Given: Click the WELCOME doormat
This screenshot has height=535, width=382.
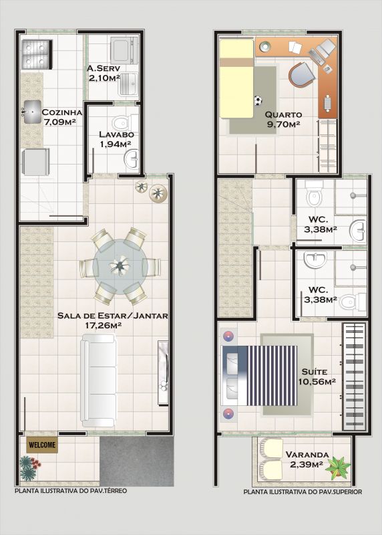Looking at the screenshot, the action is [42, 445].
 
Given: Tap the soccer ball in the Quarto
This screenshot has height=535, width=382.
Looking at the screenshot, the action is [258, 101].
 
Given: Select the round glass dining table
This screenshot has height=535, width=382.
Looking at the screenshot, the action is [120, 266].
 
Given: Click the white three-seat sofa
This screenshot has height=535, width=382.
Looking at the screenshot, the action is [98, 380].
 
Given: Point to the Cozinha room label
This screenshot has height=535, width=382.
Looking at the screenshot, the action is [61, 112].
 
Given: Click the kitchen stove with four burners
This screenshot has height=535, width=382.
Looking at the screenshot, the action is [37, 53].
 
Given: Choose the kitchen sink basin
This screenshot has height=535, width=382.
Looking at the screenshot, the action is [32, 112].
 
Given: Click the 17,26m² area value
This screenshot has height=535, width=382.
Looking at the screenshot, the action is [104, 325].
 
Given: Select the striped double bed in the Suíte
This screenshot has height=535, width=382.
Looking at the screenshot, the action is [259, 375].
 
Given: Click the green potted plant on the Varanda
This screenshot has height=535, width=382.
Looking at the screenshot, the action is [338, 466].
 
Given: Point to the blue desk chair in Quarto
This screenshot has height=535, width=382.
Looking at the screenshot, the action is [302, 75].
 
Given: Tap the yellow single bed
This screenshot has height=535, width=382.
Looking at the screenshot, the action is [237, 79].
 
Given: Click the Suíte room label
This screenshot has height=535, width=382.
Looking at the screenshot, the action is [314, 372].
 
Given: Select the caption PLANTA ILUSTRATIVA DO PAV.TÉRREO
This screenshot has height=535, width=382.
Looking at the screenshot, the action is [71, 491].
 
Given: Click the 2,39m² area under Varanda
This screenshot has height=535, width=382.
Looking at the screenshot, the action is [307, 464].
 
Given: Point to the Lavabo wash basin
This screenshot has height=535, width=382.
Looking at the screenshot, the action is [132, 158].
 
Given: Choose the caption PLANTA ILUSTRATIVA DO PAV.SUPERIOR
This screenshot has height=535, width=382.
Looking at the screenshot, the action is [303, 492].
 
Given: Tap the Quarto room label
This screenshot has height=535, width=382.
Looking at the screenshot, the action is [284, 114].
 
